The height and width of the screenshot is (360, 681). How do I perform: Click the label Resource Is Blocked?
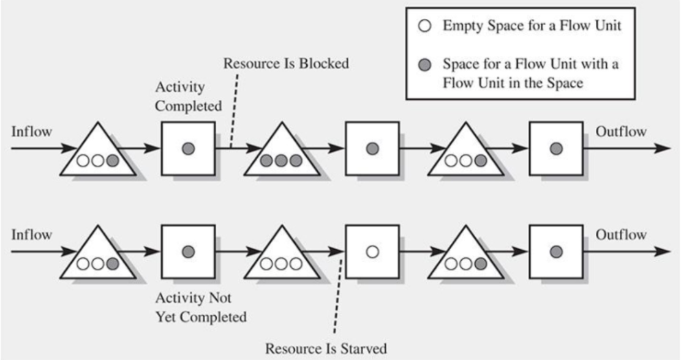[x=286, y=64]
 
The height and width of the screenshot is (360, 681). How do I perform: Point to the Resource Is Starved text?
[x=325, y=349]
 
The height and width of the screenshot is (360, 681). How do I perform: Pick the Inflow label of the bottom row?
[x=31, y=235]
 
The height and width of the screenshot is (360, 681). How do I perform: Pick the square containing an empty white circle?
[x=372, y=252]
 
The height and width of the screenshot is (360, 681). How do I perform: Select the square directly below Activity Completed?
[x=188, y=149]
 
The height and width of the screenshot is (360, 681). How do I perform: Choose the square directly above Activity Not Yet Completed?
[x=188, y=252]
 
